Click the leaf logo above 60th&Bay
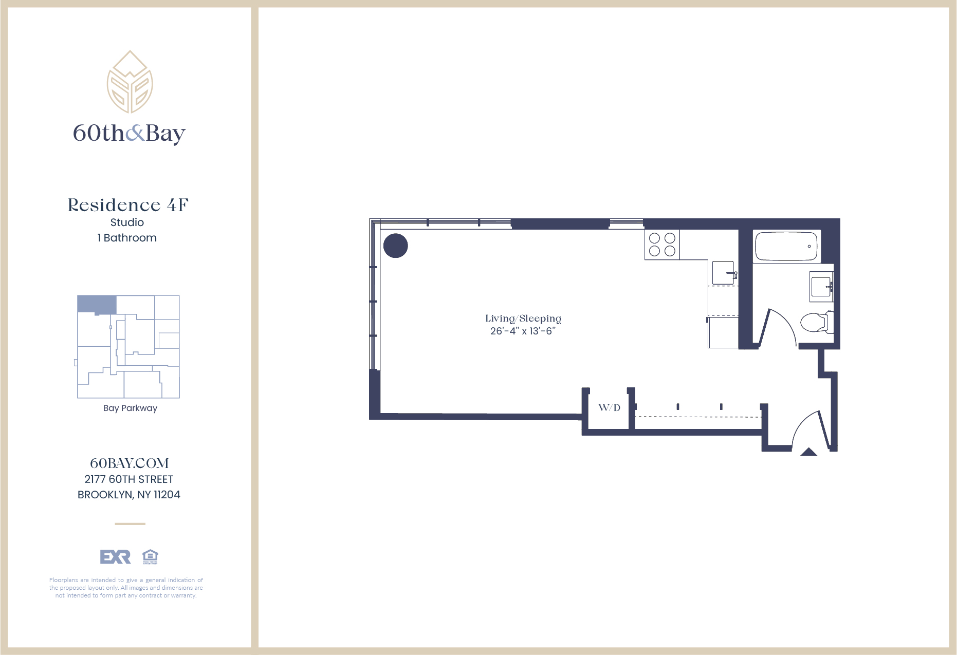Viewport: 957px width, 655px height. tap(130, 82)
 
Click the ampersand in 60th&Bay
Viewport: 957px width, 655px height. tap(135, 133)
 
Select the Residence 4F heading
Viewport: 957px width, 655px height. tap(128, 205)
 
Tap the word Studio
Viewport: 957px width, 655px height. tap(127, 222)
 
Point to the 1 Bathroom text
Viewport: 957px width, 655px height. tap(127, 238)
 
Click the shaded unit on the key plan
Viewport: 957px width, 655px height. tap(97, 304)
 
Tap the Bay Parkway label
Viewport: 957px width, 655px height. tap(130, 408)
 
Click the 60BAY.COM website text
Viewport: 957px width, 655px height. tap(129, 463)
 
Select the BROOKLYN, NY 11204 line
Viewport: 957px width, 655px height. tap(128, 495)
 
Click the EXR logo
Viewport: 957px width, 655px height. tap(115, 557)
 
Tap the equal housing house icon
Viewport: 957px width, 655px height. tap(150, 556)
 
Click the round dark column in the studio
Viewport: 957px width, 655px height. tap(395, 246)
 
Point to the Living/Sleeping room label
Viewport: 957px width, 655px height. tap(523, 319)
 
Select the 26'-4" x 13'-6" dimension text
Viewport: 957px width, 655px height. tap(523, 331)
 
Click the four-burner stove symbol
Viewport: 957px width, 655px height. tap(662, 245)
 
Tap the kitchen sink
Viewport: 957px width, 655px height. tap(723, 273)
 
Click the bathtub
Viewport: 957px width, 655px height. tap(786, 247)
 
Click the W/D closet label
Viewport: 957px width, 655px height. tap(609, 408)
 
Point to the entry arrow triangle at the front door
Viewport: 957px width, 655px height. tap(808, 452)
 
